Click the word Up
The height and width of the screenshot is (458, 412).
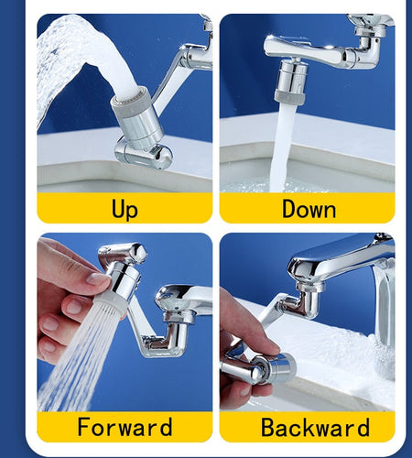(125, 209)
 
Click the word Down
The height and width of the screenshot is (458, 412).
(309, 209)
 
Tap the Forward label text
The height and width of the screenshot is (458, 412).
(125, 427)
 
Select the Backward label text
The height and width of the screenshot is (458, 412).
(315, 427)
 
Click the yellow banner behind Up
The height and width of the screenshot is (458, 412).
(64, 209)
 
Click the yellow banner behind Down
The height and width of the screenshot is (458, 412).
(247, 209)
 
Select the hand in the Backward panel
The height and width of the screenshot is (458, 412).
(240, 353)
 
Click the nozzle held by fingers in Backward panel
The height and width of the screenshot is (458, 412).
(270, 366)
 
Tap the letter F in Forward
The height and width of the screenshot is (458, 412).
(84, 427)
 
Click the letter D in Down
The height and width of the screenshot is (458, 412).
(289, 209)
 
